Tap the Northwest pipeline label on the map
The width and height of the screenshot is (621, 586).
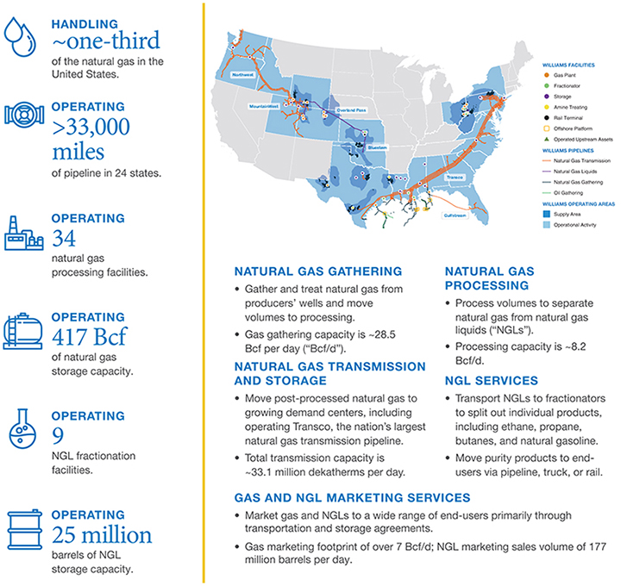click(x=246, y=76)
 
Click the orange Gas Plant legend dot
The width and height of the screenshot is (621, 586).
click(x=548, y=76)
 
